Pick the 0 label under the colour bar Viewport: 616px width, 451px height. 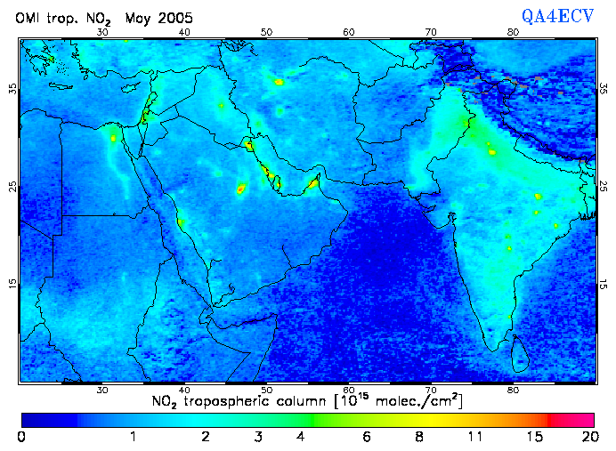(x=20, y=436)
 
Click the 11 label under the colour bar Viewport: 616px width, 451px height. (x=475, y=436)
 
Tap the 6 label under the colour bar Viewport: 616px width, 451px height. (x=366, y=436)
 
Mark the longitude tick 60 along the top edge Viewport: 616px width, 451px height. (x=349, y=32)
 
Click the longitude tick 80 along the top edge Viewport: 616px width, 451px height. (x=513, y=32)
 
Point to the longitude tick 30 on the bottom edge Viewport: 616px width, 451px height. (x=102, y=390)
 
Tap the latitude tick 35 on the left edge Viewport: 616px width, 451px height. (x=12, y=89)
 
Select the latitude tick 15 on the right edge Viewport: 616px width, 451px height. (x=604, y=283)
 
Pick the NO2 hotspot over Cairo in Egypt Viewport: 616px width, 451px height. (x=114, y=138)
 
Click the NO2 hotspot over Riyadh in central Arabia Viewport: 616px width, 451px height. (x=240, y=188)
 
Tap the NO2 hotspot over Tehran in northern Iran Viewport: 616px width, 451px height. (x=279, y=82)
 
